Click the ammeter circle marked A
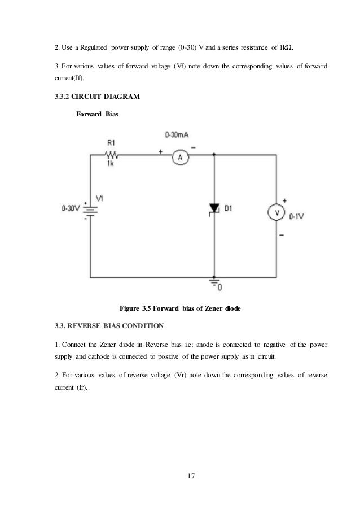(x=181, y=157)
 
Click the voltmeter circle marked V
(x=276, y=212)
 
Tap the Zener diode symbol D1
(x=214, y=208)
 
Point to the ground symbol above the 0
(x=214, y=281)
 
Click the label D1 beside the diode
(x=229, y=208)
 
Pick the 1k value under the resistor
(x=111, y=164)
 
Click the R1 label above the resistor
(x=111, y=143)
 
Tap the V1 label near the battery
(x=100, y=198)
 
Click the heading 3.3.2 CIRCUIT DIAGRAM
(x=94, y=97)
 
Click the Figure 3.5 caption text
(x=180, y=308)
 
